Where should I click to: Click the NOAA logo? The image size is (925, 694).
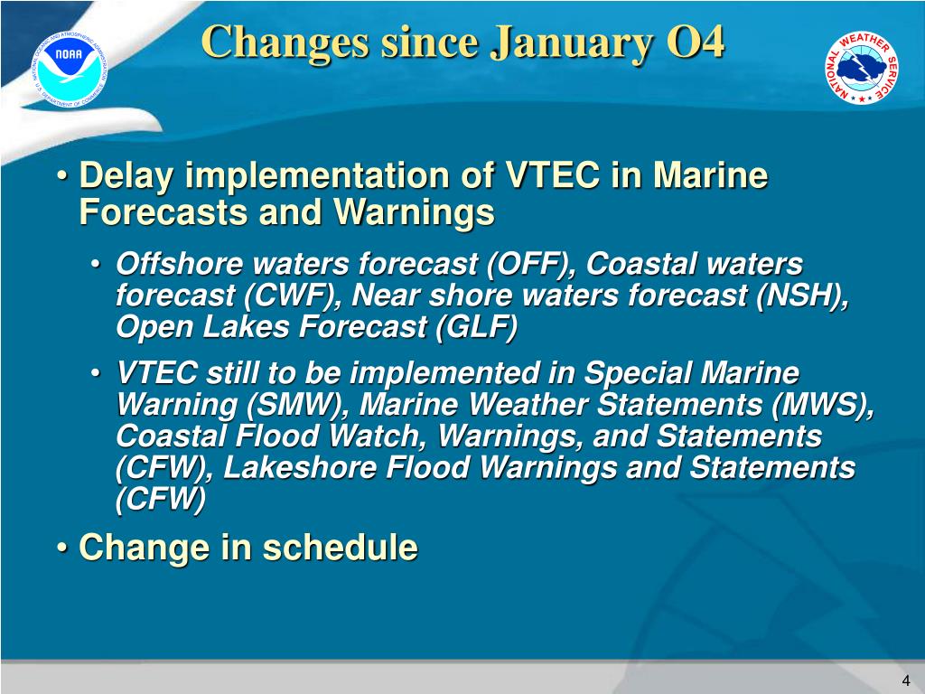tap(70, 70)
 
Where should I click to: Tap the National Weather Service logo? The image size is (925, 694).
tap(861, 68)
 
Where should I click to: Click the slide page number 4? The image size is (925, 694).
tap(906, 680)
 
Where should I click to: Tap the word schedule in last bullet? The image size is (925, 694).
tap(341, 547)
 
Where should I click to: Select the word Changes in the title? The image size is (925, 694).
tap(285, 43)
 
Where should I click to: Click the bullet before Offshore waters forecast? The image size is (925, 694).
tap(96, 265)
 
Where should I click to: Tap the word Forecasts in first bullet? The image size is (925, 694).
tap(164, 211)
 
